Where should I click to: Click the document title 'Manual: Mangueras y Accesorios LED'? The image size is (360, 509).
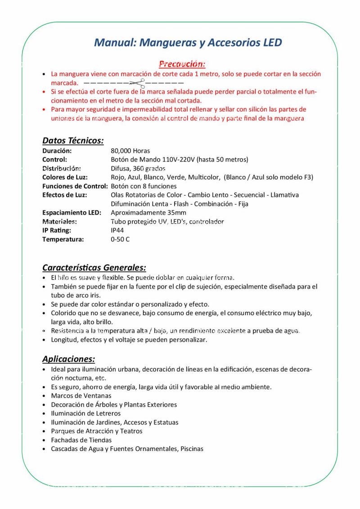click(188, 43)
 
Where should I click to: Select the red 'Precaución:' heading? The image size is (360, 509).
click(182, 64)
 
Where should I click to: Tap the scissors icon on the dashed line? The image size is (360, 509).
click(138, 83)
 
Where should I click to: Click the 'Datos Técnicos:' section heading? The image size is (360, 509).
click(73, 140)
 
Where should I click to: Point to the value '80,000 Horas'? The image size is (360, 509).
click(130, 151)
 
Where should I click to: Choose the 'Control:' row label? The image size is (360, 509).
click(54, 159)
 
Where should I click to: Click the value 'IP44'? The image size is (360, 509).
click(117, 230)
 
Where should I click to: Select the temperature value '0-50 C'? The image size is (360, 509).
click(120, 239)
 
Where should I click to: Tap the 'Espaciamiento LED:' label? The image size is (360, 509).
click(72, 212)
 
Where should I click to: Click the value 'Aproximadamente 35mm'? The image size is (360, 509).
click(148, 212)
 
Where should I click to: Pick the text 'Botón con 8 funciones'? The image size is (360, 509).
click(144, 186)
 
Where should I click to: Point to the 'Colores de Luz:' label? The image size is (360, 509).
click(65, 177)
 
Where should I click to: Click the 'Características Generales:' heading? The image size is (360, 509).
click(94, 268)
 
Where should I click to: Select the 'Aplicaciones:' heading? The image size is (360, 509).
click(68, 359)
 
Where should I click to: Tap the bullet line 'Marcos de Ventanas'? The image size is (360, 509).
click(81, 396)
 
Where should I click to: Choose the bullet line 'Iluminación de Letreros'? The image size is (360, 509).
click(85, 413)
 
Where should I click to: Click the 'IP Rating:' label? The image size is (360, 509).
click(57, 230)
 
